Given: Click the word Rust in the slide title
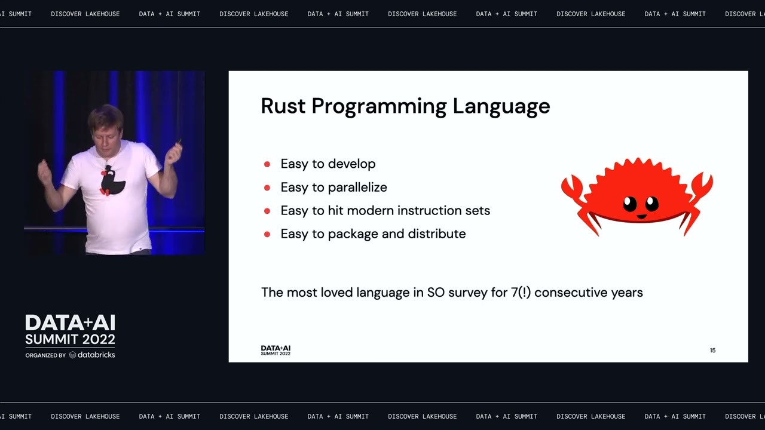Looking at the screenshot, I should [x=283, y=106].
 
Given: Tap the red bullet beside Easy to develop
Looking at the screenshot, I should [x=267, y=164].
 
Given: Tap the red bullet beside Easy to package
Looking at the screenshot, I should [x=267, y=234].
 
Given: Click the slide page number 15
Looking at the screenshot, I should [x=712, y=351].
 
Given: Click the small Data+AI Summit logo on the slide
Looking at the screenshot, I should [x=276, y=351].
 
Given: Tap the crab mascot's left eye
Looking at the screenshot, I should [x=630, y=204].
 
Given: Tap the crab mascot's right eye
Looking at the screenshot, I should [x=651, y=204].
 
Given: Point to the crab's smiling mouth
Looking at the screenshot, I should [x=641, y=216].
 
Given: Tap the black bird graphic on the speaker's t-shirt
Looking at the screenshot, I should [x=111, y=181].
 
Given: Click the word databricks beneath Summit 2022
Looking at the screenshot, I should [x=96, y=355].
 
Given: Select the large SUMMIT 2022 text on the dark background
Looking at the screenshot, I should [x=70, y=340].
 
